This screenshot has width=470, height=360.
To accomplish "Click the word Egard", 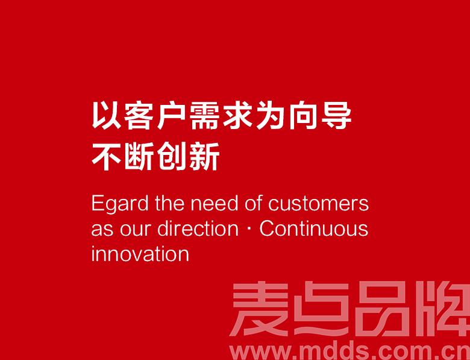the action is tap(119, 204).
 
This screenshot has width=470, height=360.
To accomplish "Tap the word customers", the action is tap(318, 203).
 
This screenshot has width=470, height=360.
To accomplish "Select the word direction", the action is tap(198, 229).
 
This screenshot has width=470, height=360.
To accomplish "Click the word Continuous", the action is tap(313, 229).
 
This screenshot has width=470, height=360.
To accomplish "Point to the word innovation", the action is tap(140, 254).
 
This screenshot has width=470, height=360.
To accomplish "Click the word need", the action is tap(215, 203).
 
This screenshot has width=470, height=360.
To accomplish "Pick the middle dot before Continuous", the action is tap(249, 230).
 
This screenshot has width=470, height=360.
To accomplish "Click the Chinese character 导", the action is tap(336, 116).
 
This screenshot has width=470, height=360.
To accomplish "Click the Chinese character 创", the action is tap(172, 156).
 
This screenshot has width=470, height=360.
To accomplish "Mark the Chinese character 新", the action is tap(204, 156).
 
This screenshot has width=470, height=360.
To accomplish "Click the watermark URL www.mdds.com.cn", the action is tap(349, 352).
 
